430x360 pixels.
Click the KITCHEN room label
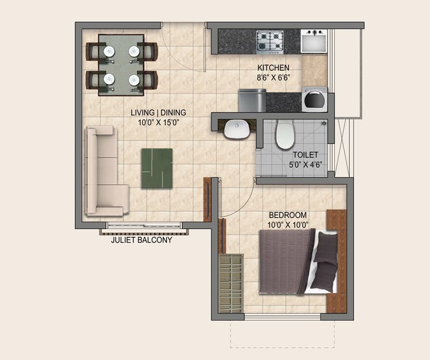tap(273, 67)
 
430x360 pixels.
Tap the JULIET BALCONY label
tap(141, 240)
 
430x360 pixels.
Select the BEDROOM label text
tap(288, 215)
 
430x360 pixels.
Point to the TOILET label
tap(305, 155)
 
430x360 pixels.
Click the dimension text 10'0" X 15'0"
tap(158, 123)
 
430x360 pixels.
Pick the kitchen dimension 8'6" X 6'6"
tap(273, 78)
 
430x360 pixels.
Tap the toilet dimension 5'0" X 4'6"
tap(305, 165)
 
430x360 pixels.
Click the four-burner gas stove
tap(270, 42)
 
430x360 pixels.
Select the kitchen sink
tap(314, 41)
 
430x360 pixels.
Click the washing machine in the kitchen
tap(315, 99)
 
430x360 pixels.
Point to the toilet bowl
tap(285, 134)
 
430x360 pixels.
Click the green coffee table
tap(157, 168)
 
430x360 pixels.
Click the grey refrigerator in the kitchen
tap(252, 100)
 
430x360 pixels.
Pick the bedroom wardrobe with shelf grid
tap(231, 284)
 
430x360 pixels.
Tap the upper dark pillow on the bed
tap(326, 247)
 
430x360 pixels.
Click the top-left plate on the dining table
tap(109, 52)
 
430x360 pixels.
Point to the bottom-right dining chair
tap(148, 80)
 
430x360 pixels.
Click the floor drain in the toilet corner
tap(324, 123)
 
